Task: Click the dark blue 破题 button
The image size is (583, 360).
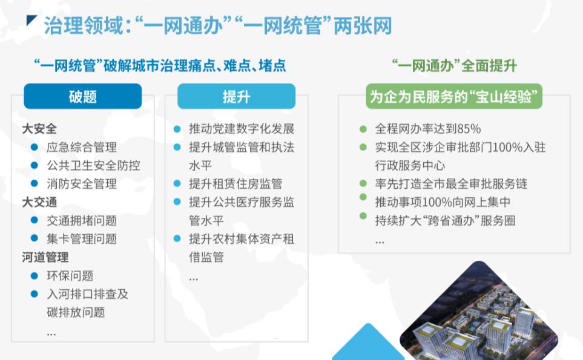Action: (82, 96)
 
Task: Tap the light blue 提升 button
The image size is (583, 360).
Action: (237, 96)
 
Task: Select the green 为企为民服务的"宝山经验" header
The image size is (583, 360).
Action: (454, 96)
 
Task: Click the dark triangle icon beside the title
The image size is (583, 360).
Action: (31, 21)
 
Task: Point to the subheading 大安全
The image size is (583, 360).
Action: (39, 129)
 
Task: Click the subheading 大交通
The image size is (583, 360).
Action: (39, 202)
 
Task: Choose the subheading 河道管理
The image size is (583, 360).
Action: (45, 257)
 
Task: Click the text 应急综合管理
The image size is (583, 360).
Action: (82, 147)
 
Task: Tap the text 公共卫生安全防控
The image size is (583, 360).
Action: (93, 165)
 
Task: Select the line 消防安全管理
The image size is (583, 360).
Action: (82, 183)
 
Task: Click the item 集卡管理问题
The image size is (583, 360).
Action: (82, 238)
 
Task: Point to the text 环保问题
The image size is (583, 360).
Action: (70, 276)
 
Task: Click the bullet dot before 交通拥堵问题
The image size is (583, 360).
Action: (35, 220)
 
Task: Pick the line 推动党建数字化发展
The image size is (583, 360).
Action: (242, 129)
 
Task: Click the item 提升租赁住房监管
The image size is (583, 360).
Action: (236, 183)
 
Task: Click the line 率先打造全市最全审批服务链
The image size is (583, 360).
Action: (452, 183)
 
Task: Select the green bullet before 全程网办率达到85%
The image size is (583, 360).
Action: (363, 129)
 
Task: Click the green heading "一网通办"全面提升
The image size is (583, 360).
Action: (455, 66)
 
